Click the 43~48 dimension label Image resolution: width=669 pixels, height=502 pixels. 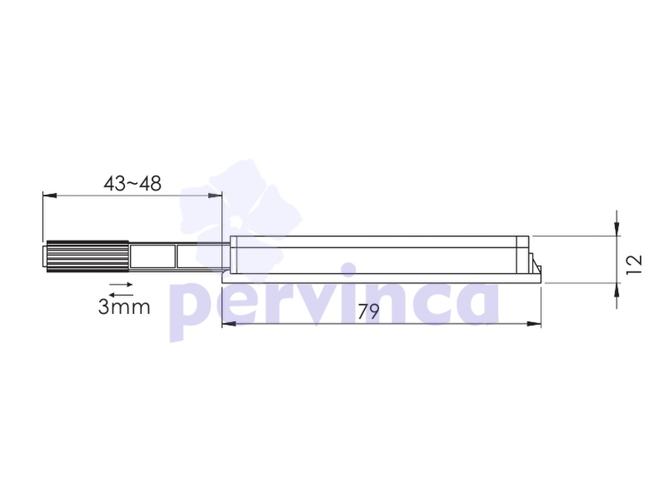132,184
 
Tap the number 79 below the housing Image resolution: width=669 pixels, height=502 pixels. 368,312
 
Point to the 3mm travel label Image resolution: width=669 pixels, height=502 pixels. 124,307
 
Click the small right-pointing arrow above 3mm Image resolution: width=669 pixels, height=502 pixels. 121,284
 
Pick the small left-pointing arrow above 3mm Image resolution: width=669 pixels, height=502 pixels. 121,295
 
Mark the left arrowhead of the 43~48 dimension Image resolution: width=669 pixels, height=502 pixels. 50,196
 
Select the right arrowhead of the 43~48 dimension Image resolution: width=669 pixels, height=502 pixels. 215,196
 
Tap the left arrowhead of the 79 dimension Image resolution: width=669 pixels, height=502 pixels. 229,324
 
